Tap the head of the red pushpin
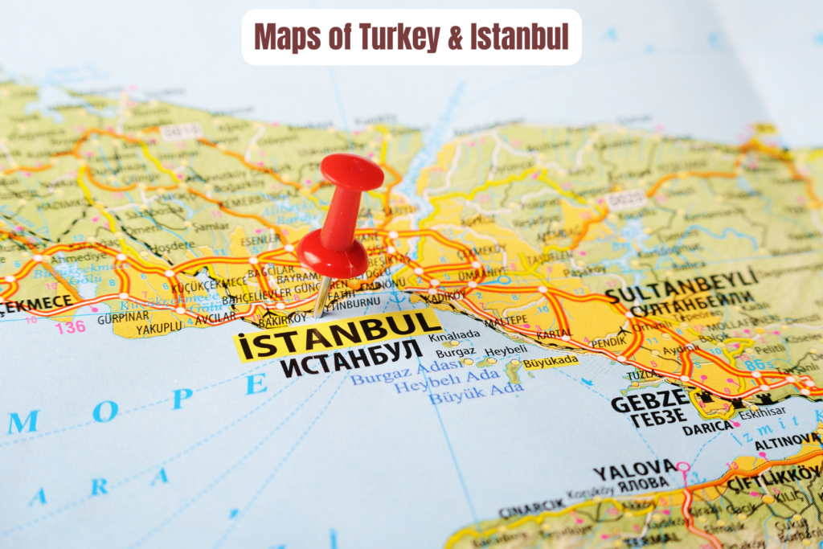350,171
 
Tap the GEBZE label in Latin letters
649,400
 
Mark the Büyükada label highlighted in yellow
551,362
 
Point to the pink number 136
70,326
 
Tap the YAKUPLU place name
158,328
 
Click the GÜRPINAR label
118,318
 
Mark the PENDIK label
608,342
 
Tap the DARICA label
707,428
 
